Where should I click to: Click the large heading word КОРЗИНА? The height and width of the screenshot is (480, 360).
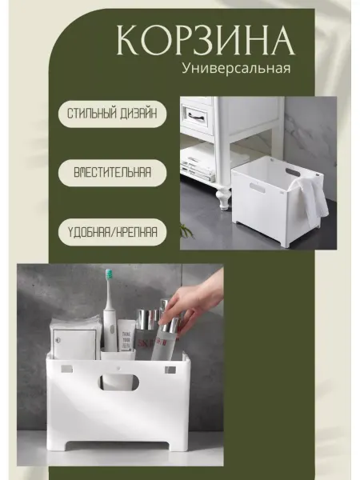(x=206, y=41)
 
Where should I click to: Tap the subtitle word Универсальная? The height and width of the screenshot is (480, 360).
(x=236, y=68)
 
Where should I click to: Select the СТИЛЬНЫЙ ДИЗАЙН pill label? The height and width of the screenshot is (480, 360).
(x=112, y=114)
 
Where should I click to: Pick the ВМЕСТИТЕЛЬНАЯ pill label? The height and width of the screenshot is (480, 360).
(x=112, y=173)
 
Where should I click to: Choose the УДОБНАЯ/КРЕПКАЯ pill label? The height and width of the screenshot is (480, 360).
(x=112, y=232)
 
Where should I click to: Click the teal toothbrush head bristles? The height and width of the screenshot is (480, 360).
(x=108, y=276)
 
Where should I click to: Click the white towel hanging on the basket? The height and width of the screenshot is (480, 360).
(x=310, y=195)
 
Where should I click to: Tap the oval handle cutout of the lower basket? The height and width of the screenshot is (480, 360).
(x=118, y=382)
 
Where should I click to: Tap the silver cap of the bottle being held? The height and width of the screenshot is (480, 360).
(x=170, y=323)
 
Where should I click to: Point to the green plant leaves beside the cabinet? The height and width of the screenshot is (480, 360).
(x=186, y=230)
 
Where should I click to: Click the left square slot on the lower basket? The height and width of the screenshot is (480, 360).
(x=67, y=369)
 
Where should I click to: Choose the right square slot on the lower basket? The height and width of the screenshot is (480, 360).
(x=170, y=370)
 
